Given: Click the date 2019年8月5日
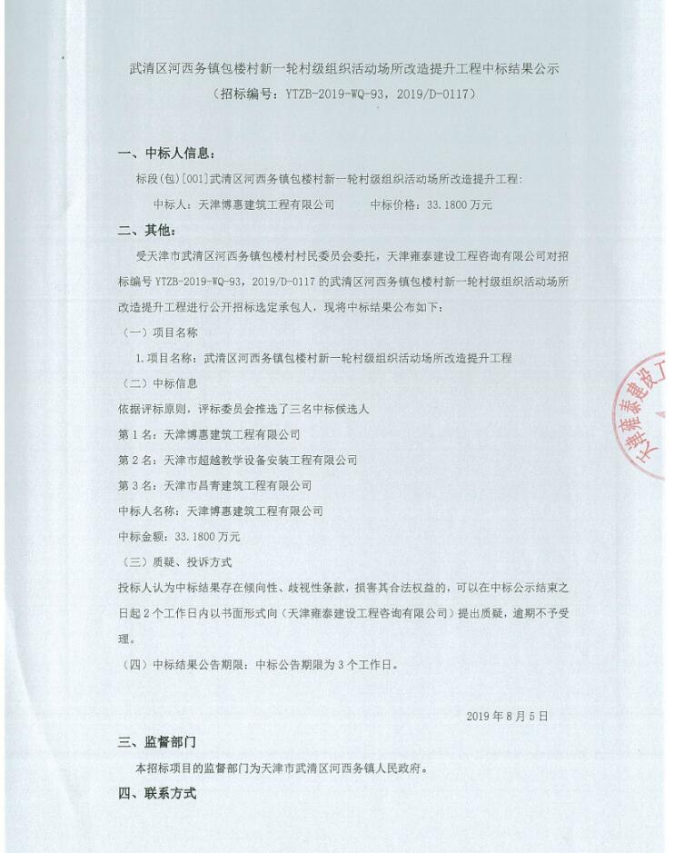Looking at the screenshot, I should coord(507,716).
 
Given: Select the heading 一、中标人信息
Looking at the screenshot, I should coord(167,153).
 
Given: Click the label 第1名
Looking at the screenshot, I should coord(135,435).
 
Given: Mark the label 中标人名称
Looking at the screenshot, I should coord(145,511).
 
